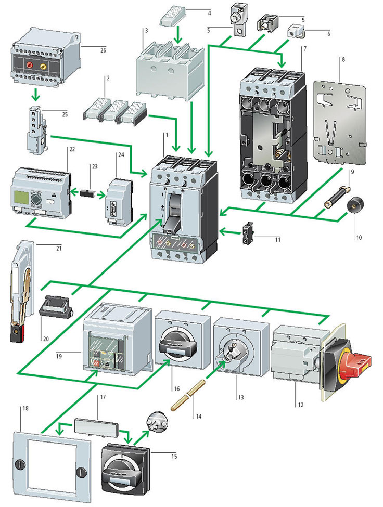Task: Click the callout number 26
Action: [103, 50]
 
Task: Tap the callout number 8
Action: [343, 59]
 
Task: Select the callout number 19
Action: [59, 356]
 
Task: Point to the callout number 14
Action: [199, 417]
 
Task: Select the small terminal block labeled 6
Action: [296, 32]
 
